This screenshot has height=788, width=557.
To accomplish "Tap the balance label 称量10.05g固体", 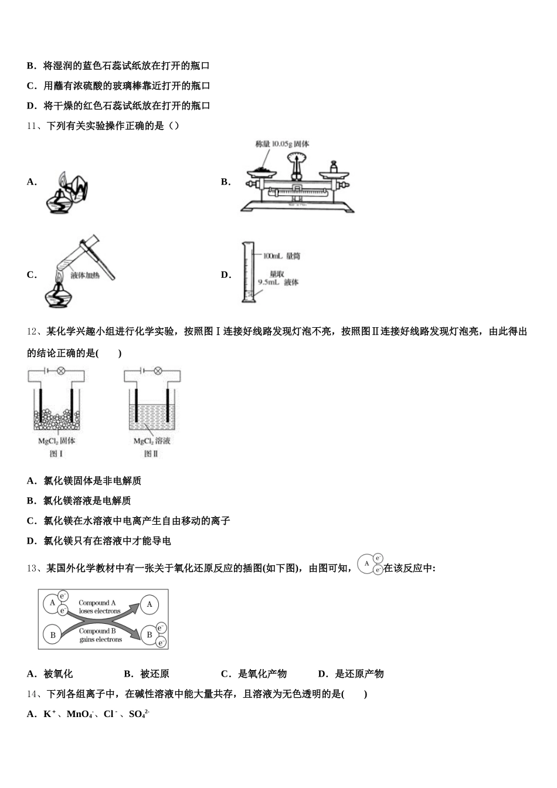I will pos(282,144).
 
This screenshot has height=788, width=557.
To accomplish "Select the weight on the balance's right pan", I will pos(335,168).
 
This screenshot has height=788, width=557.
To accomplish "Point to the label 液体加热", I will pos(85,275).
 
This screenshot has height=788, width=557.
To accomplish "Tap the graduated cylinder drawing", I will pos(248,273).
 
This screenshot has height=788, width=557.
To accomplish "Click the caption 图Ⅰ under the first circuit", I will pos(56,454).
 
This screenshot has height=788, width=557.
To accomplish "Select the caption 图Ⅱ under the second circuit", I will pos(151,454).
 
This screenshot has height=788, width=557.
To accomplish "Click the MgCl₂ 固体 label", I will pos(56,441).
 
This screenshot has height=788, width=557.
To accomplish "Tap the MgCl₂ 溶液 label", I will pos(152,441).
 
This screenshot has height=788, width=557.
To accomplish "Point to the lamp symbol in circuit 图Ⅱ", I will pos(157,371).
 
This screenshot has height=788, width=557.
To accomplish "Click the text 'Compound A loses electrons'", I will pos(99,607).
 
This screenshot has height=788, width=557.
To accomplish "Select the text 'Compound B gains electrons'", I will pos(100,636).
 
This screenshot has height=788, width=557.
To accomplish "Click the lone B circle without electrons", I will pos(53,635).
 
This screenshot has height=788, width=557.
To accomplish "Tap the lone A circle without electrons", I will pos(150,604).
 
